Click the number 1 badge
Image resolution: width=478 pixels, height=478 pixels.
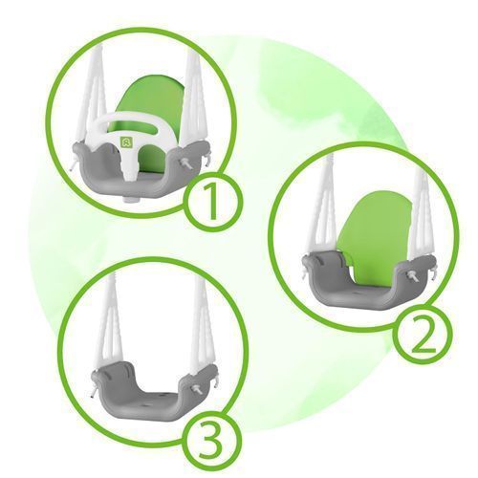(x=212, y=202)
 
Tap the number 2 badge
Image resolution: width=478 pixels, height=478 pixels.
(x=423, y=335)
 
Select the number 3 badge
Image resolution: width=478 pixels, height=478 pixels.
(x=212, y=442)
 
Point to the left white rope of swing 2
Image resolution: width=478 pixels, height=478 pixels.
(x=321, y=207)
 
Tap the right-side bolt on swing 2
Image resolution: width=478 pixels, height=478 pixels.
(x=413, y=276)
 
